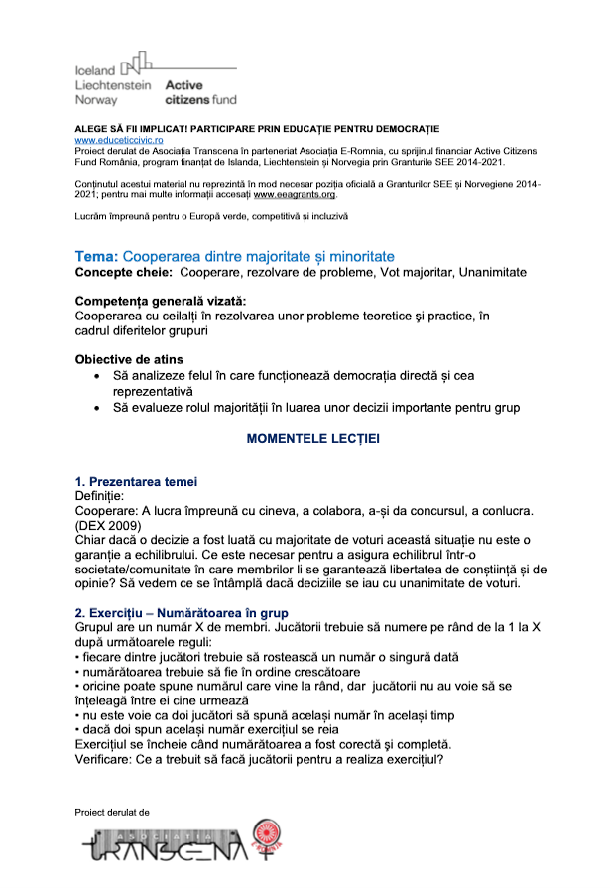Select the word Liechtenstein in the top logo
tap(113, 85)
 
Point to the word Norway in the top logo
tap(96, 100)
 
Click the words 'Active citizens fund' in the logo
tap(199, 93)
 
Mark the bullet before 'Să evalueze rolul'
tap(95, 408)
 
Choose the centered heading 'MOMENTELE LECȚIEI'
tap(312, 438)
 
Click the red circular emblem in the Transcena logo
tap(269, 836)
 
